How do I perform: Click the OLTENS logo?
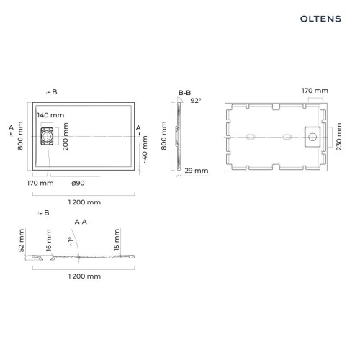(320, 19)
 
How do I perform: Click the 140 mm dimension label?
(50, 115)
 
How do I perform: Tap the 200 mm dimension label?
(66, 137)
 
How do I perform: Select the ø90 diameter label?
(78, 183)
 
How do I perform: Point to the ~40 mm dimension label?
(145, 150)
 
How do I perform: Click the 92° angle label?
(196, 101)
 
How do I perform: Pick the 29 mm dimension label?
(197, 171)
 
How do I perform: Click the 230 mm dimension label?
(338, 137)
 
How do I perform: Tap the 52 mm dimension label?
(22, 240)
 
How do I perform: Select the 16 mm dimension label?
(49, 240)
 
